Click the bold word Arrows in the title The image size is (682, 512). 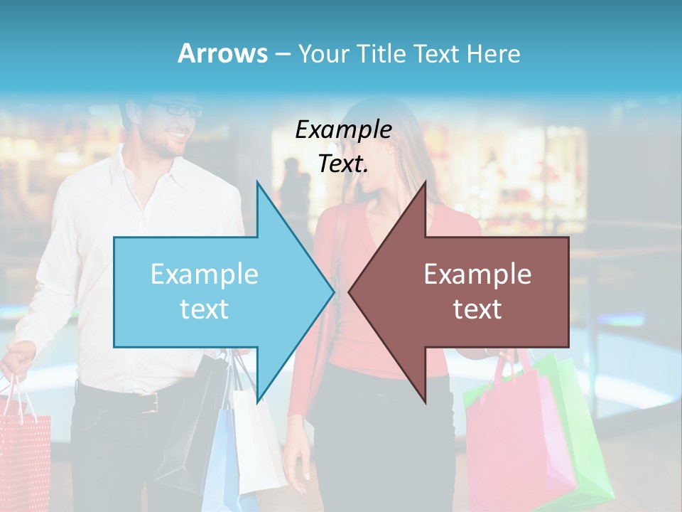point(222,53)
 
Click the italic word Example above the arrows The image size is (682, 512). point(343,129)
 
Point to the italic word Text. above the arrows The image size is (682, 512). point(343,164)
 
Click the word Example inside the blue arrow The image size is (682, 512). point(204,274)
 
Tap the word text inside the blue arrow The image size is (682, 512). point(204,309)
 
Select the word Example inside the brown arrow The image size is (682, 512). point(477,274)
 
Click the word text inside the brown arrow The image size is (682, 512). point(477,309)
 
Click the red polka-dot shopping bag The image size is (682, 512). point(25,455)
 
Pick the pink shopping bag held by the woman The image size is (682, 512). point(511,441)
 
